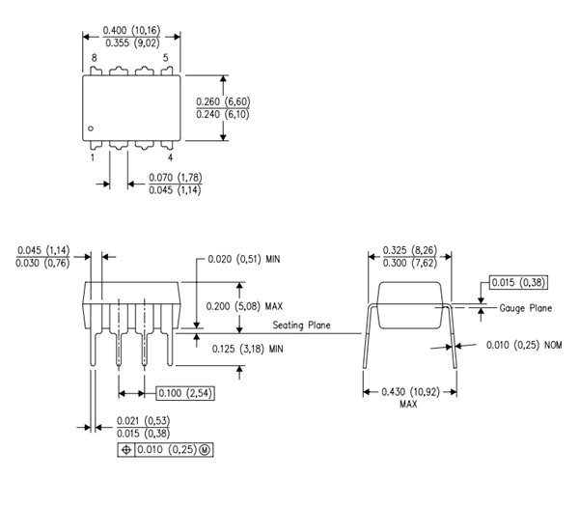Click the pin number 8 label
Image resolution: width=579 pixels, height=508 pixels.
point(94,59)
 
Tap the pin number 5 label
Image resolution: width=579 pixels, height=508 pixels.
point(166,59)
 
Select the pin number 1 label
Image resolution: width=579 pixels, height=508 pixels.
point(94,156)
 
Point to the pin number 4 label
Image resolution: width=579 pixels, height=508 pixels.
point(170,156)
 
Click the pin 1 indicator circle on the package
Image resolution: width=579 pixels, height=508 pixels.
point(90,128)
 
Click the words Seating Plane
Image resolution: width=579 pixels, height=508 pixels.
point(301,325)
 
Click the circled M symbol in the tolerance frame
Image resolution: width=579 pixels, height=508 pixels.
point(204,450)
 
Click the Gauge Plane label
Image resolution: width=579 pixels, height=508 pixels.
point(526,308)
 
